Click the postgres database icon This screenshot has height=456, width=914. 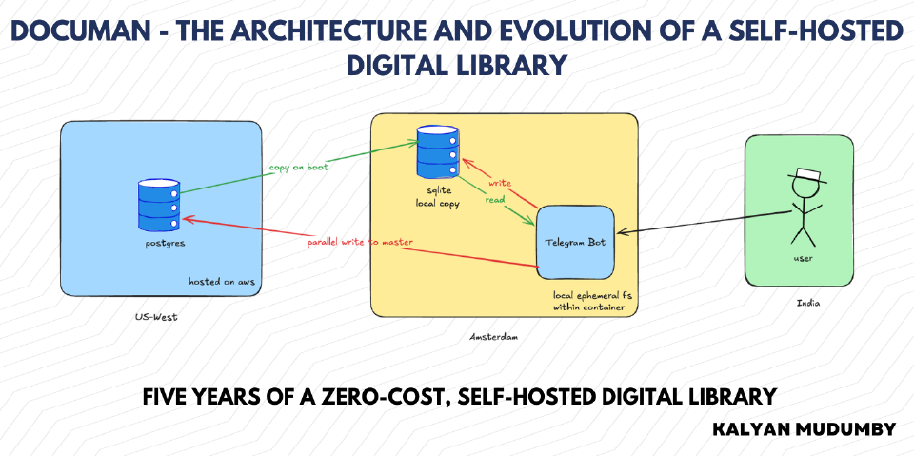point(159,206)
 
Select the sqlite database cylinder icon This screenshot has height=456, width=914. point(437,151)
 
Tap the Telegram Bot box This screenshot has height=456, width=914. point(575,242)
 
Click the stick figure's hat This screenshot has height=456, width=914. point(807,175)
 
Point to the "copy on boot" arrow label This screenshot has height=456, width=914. point(298,168)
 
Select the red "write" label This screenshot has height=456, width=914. point(500,183)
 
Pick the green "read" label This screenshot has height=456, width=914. point(495,200)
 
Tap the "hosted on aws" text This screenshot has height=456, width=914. point(222,282)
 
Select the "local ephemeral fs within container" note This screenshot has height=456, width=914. point(592,302)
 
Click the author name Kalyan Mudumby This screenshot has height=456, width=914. point(804,429)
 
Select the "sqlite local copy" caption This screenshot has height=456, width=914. point(438,197)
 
